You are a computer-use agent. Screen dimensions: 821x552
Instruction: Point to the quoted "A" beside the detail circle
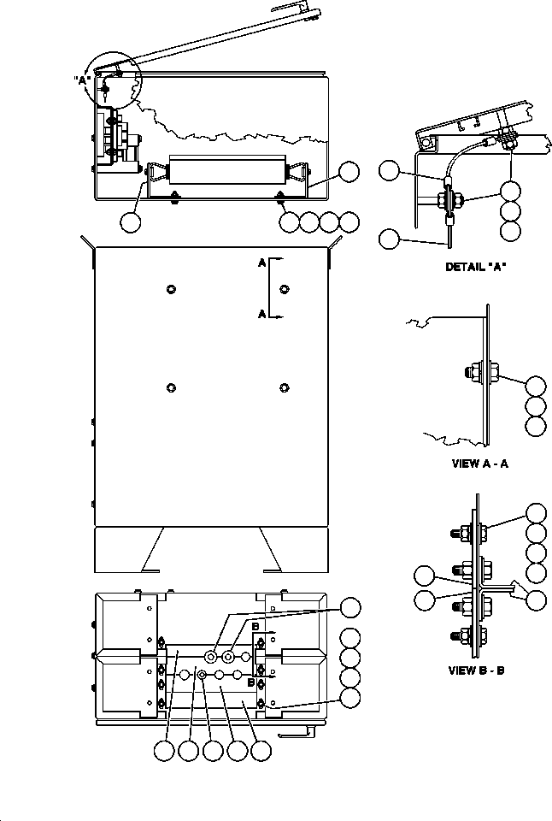[x=81, y=80]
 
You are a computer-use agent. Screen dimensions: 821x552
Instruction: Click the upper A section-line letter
[x=261, y=263]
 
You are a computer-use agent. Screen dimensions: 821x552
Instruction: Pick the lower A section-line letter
[x=261, y=315]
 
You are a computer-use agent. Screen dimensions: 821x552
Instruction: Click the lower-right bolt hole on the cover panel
[x=284, y=387]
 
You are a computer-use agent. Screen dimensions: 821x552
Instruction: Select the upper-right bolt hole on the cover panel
[x=284, y=286]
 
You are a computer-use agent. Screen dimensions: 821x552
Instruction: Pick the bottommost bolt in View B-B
[x=467, y=637]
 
